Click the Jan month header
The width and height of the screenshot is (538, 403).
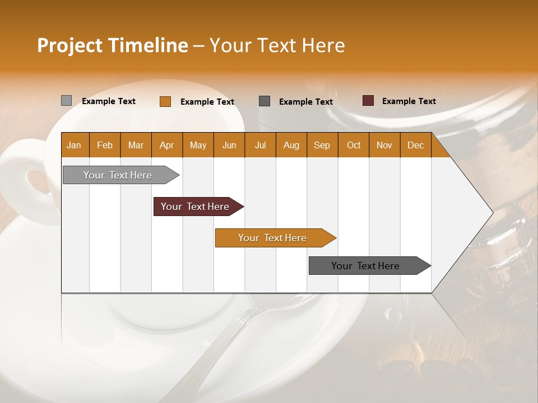tap(74, 145)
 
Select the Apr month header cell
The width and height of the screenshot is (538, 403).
tap(167, 145)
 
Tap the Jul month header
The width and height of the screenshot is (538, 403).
tap(260, 145)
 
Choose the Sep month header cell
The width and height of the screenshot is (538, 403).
tap(322, 145)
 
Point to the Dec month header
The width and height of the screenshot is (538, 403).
tap(415, 145)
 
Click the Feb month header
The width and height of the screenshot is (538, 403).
tap(105, 145)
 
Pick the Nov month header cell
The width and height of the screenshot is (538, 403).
tap(384, 145)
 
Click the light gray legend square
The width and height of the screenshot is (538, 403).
tap(67, 101)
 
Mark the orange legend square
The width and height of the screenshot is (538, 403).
tap(165, 101)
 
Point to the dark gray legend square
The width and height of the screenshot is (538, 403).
tap(265, 101)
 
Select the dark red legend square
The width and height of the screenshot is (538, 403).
tap(368, 101)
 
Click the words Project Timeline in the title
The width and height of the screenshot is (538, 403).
tap(112, 45)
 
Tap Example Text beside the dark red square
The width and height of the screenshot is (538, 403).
tap(409, 101)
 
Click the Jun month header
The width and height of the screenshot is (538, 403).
tap(229, 145)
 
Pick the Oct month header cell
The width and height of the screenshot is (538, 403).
tap(354, 145)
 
